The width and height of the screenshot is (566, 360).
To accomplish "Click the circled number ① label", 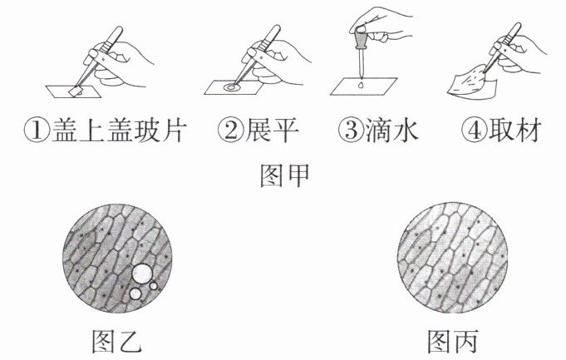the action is tap(37, 131).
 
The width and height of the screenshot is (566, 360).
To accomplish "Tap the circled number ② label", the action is tap(231, 131).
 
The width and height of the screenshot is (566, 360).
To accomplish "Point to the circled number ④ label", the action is tap(475, 131).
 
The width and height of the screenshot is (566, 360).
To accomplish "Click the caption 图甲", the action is tap(285, 175).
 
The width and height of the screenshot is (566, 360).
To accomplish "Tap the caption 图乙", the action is tap(116, 341).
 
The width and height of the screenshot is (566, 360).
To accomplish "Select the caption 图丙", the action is tap(453, 341).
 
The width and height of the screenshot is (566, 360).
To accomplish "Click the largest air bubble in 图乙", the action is tap(142, 273).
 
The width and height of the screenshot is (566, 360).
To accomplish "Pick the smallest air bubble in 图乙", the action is tap(154, 286).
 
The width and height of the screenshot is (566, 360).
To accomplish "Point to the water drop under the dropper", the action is tap(361, 86).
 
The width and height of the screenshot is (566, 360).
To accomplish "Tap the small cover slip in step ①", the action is tap(76, 91).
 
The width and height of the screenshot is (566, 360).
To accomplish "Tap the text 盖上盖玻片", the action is tap(120, 131).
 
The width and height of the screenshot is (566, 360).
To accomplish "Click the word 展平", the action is tap(272, 131).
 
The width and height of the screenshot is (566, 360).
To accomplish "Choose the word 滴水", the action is tap(392, 131).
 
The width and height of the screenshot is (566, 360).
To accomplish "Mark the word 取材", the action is tap(515, 131).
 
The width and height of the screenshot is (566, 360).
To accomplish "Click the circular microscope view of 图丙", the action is tap(453, 258).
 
